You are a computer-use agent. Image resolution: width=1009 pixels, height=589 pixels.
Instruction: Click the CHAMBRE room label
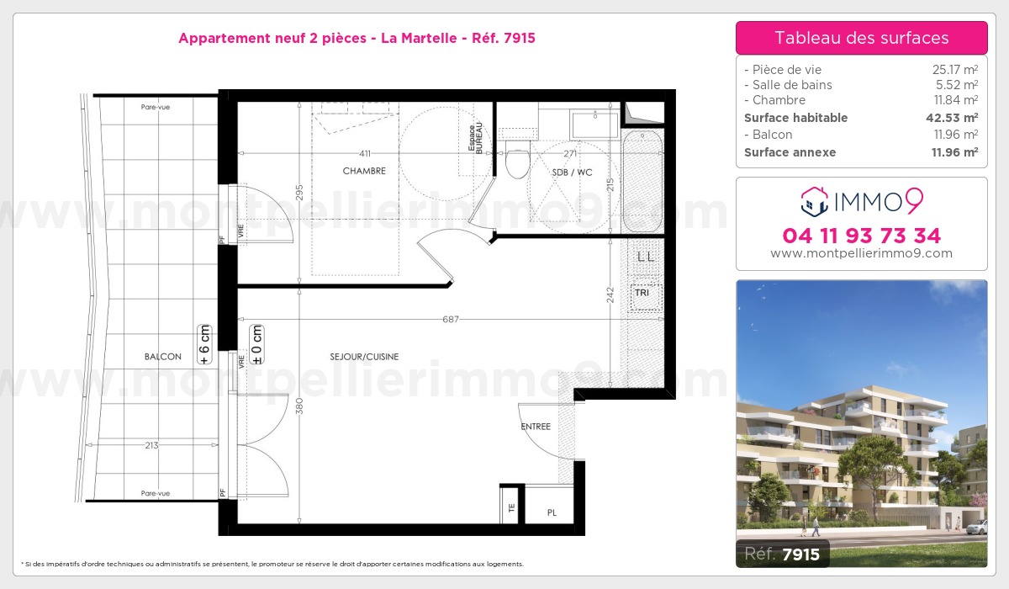(x=364, y=171)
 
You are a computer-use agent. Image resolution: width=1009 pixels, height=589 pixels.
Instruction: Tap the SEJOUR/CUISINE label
(x=364, y=357)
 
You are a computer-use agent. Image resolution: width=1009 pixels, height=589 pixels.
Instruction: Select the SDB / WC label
(x=572, y=172)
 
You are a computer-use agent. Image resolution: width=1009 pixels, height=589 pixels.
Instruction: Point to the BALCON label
(x=162, y=357)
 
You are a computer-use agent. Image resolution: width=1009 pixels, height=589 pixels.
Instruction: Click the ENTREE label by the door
(x=536, y=427)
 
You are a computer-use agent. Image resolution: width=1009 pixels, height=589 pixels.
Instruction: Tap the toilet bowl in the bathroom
(x=517, y=159)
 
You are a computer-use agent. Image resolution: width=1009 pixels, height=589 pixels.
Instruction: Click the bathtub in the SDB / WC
(x=642, y=181)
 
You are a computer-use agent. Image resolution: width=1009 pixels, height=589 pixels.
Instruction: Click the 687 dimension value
(x=451, y=319)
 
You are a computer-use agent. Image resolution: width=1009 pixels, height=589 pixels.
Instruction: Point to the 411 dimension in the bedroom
(x=365, y=153)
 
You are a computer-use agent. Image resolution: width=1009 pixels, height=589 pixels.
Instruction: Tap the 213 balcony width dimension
(x=152, y=445)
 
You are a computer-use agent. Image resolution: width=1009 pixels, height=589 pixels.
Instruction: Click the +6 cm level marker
(x=204, y=344)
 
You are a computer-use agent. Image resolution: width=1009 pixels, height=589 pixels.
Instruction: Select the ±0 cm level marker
(x=256, y=344)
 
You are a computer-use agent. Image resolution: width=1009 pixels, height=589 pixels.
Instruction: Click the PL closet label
(x=552, y=512)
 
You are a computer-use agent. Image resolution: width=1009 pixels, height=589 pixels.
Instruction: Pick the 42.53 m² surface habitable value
(x=952, y=118)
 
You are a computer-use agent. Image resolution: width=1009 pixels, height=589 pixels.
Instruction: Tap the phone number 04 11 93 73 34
(x=862, y=236)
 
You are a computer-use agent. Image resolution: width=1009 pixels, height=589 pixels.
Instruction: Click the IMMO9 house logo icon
(x=815, y=201)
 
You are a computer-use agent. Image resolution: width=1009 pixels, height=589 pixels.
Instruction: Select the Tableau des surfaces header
(x=862, y=38)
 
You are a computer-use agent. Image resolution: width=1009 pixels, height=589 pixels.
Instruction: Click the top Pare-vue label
(x=156, y=107)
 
